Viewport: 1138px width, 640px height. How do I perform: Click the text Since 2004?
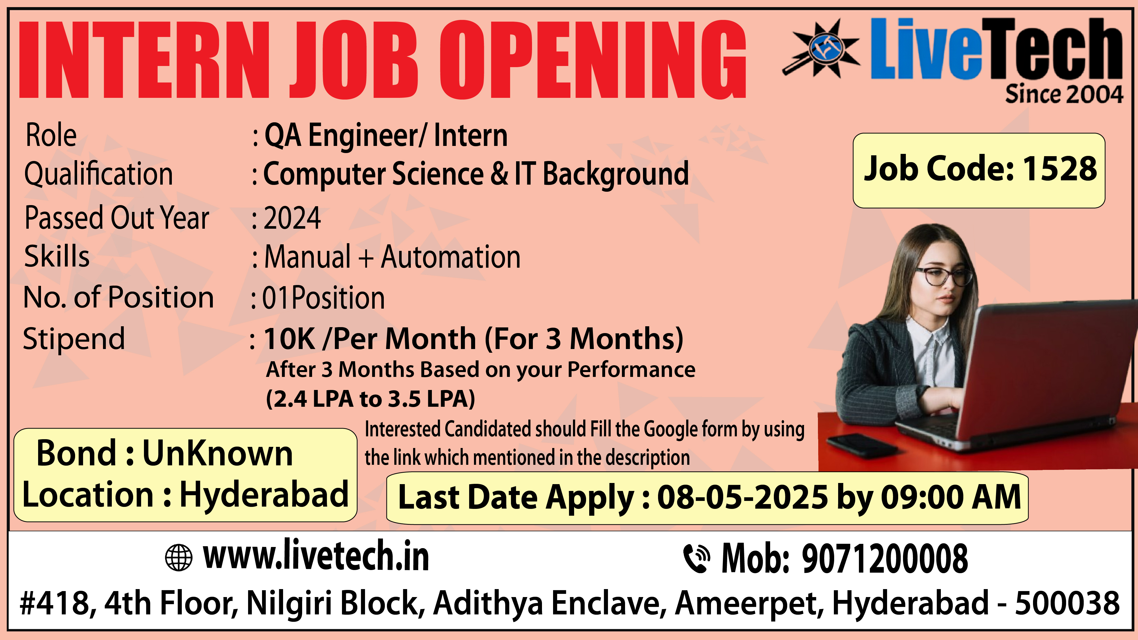click(x=1064, y=94)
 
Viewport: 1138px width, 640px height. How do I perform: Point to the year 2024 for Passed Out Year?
click(x=292, y=218)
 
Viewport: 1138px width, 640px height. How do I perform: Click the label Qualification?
click(x=98, y=174)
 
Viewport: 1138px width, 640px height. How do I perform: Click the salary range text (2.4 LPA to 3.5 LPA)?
click(x=370, y=399)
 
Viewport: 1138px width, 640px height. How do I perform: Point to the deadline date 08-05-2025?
click(x=743, y=497)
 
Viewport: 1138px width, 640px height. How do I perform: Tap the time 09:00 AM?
click(x=951, y=497)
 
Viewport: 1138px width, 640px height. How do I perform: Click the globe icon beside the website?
click(x=178, y=558)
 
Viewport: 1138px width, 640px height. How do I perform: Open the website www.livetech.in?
click(x=316, y=556)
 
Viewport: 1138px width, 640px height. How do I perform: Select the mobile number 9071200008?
click(x=885, y=559)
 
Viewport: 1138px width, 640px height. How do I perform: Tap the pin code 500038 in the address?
click(x=1067, y=603)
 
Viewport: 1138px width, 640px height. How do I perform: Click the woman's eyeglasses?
click(x=943, y=277)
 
